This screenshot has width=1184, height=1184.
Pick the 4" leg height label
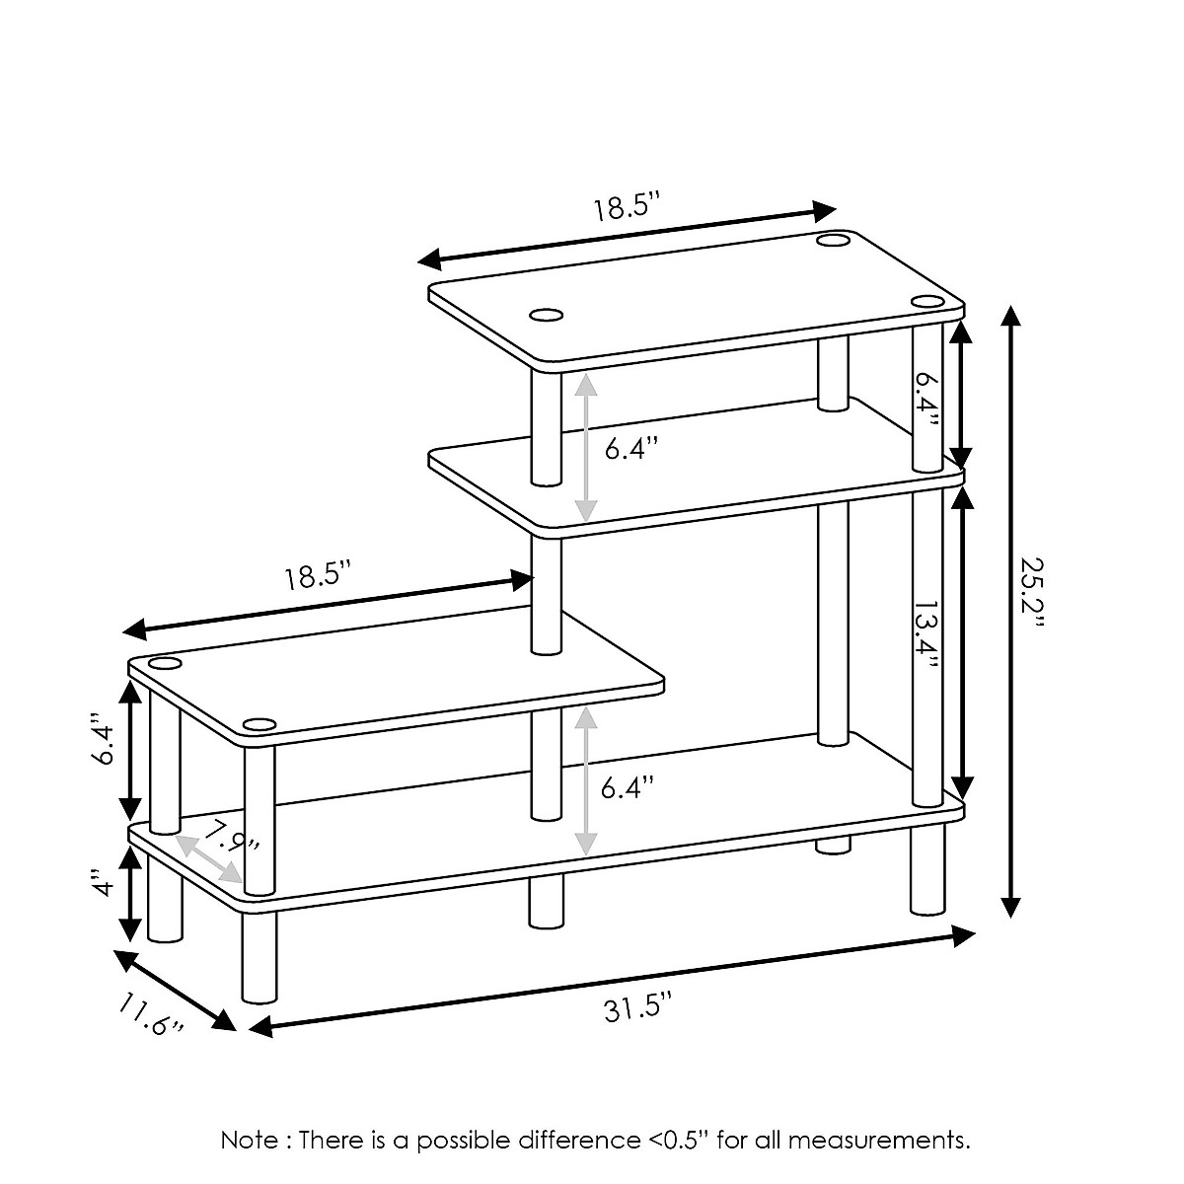coord(99,884)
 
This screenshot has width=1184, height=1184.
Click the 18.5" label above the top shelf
coord(625,208)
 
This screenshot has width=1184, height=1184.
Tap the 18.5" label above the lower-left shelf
coord(319,576)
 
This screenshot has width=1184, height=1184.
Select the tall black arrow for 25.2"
coord(1009,612)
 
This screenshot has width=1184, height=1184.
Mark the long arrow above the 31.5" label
coord(612,981)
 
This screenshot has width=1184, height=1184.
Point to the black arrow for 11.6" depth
coord(176,990)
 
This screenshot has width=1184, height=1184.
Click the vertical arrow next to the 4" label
coord(130,894)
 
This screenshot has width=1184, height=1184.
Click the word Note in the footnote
coord(249,1141)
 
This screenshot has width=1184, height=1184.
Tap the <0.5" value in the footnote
coord(679,1141)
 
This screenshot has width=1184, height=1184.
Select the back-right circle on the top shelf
coord(831,240)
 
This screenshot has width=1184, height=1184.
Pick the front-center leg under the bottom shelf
coord(545,902)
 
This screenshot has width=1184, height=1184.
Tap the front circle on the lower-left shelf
coord(259,726)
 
